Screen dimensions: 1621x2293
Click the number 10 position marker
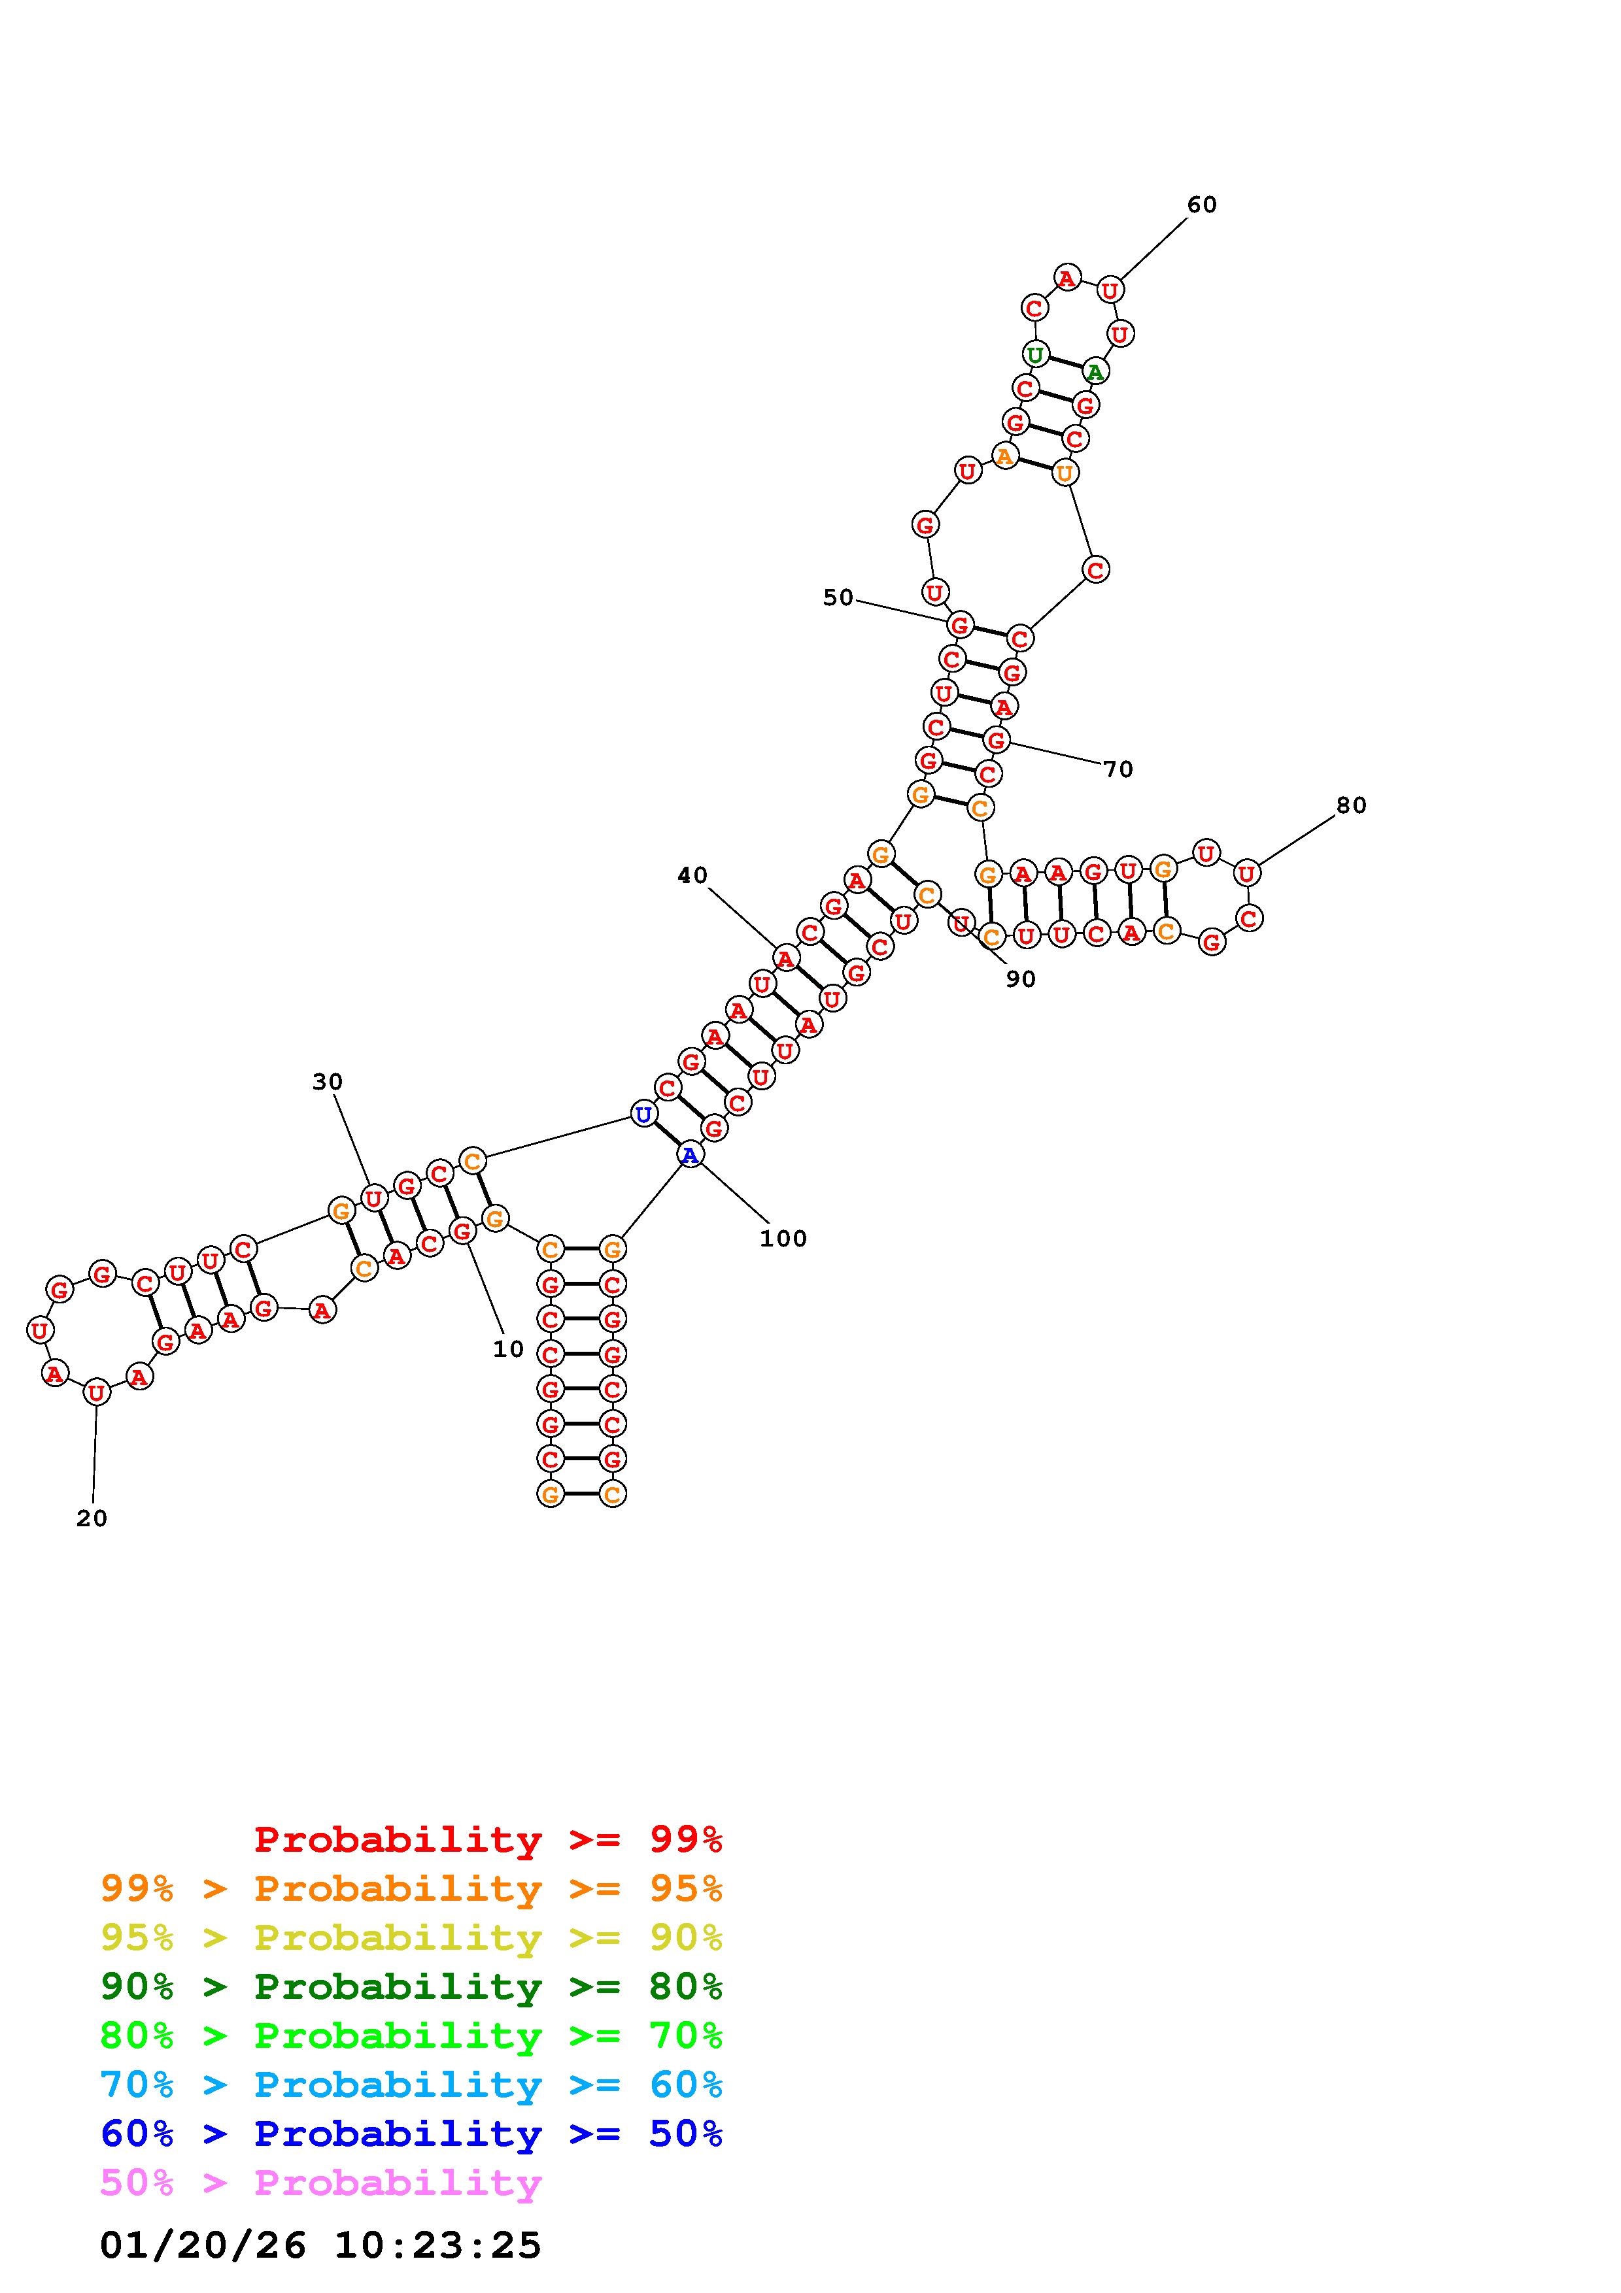pyautogui.click(x=508, y=1349)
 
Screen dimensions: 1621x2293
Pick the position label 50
pyautogui.click(x=838, y=597)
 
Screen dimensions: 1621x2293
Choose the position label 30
pyautogui.click(x=328, y=1082)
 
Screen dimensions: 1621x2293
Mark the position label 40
pyautogui.click(x=692, y=876)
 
